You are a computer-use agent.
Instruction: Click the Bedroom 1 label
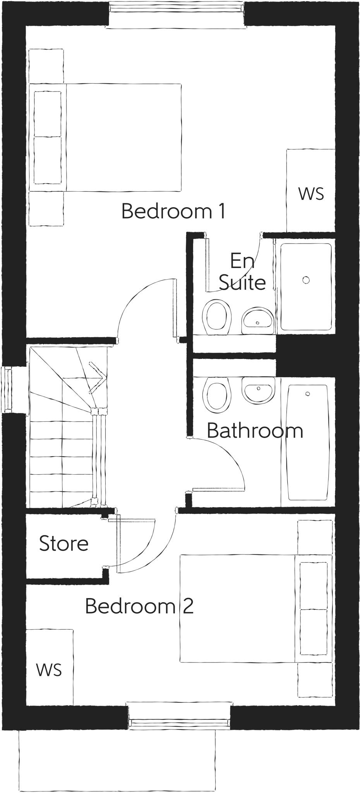click(x=173, y=211)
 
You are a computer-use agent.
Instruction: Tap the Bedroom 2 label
click(x=139, y=606)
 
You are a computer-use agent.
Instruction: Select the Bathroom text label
click(x=255, y=431)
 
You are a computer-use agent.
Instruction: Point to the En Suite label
click(x=242, y=272)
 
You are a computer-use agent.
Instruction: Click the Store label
click(x=63, y=544)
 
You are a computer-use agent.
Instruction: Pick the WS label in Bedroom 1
click(x=311, y=194)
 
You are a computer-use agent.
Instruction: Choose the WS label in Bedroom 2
click(x=49, y=669)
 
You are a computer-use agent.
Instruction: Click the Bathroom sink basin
click(x=258, y=390)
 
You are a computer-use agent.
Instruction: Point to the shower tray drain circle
click(x=306, y=280)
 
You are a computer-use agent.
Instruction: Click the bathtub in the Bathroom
click(x=308, y=441)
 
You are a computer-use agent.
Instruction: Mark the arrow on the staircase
click(x=97, y=372)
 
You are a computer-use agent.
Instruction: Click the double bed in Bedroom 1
click(x=116, y=137)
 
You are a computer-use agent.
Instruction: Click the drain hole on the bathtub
click(x=308, y=394)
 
